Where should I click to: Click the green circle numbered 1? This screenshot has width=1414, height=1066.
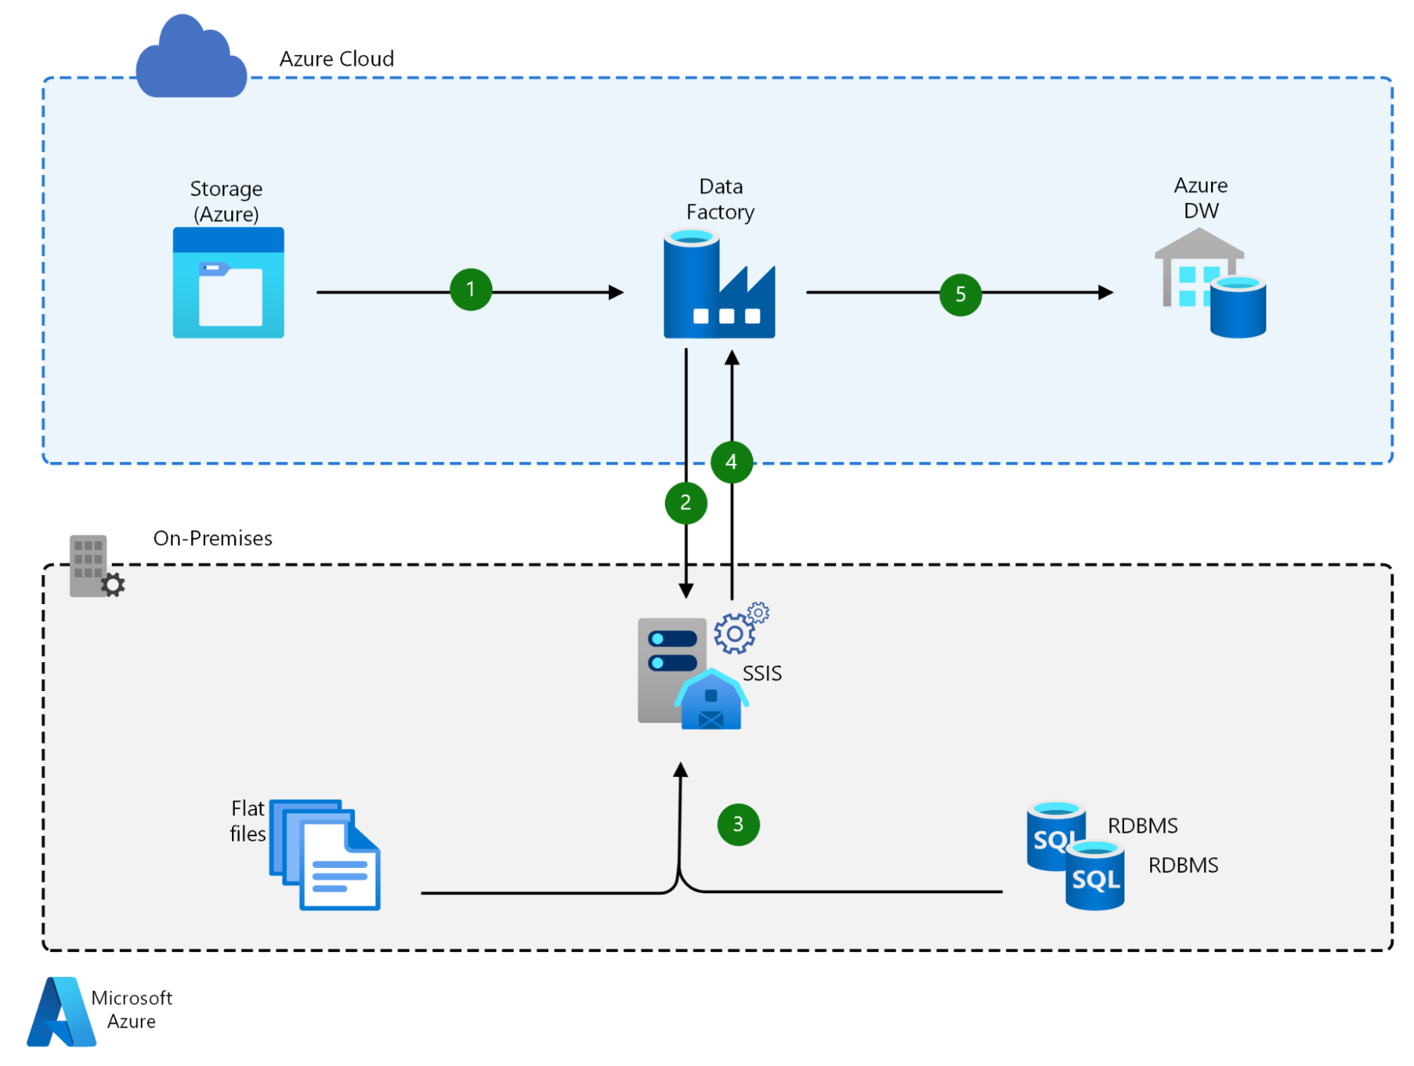[x=470, y=289]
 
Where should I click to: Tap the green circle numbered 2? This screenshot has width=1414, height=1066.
[x=685, y=503]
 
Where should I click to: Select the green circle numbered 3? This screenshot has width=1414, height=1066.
[x=738, y=824]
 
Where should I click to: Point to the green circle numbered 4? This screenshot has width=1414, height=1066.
[x=731, y=462]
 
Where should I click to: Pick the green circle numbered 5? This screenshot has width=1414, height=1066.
[x=960, y=294]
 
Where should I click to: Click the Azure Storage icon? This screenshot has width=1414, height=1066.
[x=228, y=282]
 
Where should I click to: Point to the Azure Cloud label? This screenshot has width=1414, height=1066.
[x=337, y=59]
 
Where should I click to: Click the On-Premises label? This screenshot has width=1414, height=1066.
[x=212, y=538]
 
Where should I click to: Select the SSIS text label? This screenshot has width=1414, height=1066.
[x=762, y=673]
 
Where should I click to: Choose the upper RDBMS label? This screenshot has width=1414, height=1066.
[x=1142, y=825]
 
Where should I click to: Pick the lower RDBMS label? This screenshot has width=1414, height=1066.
[x=1183, y=865]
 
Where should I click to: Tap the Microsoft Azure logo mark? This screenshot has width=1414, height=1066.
[x=61, y=1012]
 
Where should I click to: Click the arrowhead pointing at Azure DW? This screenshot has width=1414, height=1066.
[x=1106, y=292]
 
